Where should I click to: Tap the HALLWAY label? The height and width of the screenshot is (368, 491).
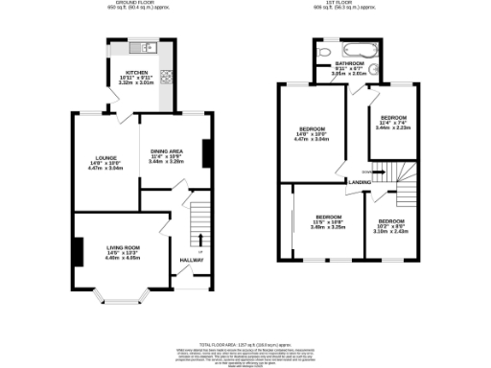point(192,260)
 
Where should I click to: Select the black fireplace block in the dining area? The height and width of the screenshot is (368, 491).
point(205,151)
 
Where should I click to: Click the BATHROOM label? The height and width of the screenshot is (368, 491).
point(349,63)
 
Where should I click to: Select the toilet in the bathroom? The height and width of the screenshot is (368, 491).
point(322,54)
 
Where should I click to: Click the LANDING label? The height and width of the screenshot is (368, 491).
point(360,181)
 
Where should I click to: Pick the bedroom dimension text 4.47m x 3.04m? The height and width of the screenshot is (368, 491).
point(312,140)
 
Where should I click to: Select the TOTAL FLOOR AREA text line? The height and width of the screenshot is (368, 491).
point(245,342)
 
